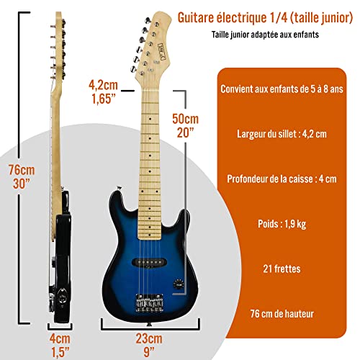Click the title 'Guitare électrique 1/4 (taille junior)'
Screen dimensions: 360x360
tap(265, 18)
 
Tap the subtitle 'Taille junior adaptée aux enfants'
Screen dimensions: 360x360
tap(265, 35)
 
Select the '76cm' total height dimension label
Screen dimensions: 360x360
tap(22, 170)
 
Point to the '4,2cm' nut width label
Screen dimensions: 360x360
tap(103, 85)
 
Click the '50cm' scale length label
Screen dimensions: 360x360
tap(186, 119)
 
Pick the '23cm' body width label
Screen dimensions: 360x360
tap(149, 338)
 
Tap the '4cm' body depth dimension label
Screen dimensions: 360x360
tap(60, 339)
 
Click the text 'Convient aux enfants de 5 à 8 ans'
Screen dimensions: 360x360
tap(282, 89)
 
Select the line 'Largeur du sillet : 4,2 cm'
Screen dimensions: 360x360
tap(282, 134)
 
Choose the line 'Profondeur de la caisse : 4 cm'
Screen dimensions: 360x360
tap(282, 179)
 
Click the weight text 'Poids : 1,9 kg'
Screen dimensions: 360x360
tap(282, 224)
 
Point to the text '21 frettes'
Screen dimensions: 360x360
tap(282, 269)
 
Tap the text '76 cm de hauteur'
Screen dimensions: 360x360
tap(282, 314)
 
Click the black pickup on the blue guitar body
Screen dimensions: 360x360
tap(150, 262)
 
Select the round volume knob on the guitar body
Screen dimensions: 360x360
tap(178, 284)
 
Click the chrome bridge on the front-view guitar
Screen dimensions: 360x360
tap(150, 303)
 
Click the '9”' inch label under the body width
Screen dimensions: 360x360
tap(149, 352)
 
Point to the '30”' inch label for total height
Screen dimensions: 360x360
tap(22, 184)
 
